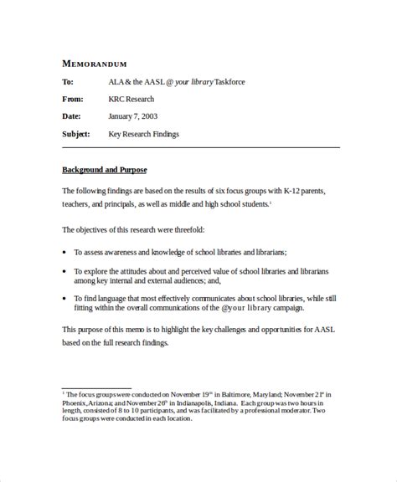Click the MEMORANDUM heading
tap(95, 64)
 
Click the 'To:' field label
tap(68, 82)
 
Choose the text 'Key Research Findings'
tap(144, 134)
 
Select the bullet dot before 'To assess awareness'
tap(65, 252)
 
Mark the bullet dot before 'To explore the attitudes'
tap(65, 271)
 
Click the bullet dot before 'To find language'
tap(65, 298)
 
